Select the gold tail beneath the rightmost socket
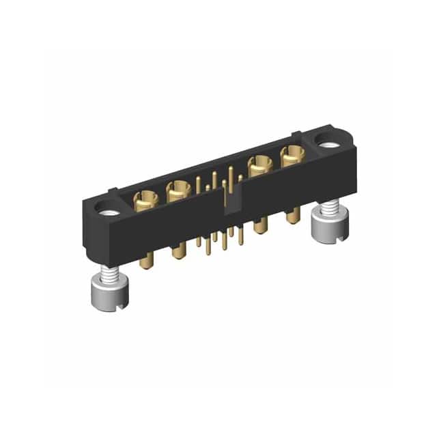click(x=292, y=216)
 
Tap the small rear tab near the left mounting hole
click(x=113, y=193)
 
